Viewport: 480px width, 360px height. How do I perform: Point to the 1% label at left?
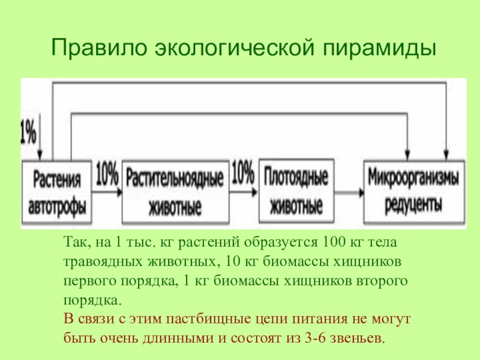(x=28, y=132)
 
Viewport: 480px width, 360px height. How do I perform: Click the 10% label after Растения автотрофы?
(x=106, y=174)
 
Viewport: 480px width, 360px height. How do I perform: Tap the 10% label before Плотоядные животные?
(x=242, y=174)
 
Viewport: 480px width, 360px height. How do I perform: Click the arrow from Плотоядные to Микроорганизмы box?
(x=349, y=192)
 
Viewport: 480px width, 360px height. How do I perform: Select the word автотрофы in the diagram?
(x=58, y=204)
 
